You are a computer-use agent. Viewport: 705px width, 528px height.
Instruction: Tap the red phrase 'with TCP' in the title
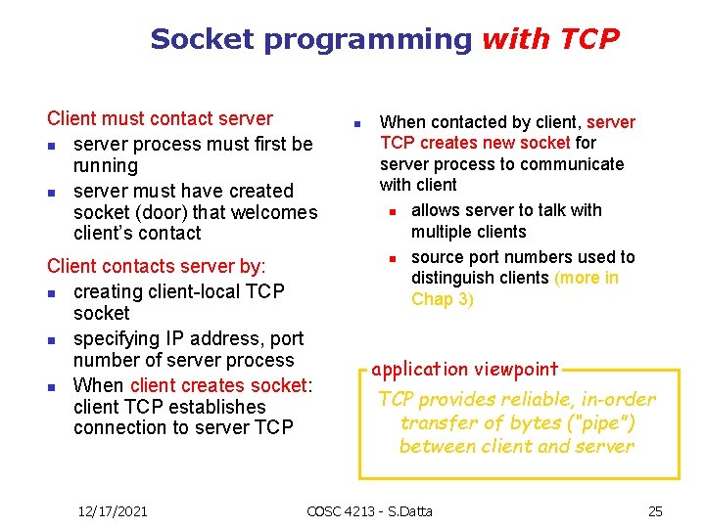point(551,40)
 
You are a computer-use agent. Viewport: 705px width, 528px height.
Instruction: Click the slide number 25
point(655,510)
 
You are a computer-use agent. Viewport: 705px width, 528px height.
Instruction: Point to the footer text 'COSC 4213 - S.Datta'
point(369,510)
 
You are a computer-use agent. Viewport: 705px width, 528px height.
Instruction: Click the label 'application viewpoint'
point(465,370)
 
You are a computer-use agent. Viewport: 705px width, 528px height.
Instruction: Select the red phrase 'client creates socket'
point(217,385)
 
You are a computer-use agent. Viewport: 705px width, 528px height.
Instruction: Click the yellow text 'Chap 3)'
point(443,299)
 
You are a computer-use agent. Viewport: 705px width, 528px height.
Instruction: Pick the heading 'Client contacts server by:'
point(157,266)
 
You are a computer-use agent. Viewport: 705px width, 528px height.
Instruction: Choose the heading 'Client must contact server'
point(160,118)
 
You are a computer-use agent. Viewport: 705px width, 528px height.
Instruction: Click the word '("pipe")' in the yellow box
point(599,423)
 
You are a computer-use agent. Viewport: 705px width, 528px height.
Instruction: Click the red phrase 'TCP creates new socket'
point(475,143)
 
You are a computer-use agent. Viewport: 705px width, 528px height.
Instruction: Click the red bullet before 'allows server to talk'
point(390,211)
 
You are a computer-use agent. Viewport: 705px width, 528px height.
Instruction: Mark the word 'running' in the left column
point(106,165)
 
